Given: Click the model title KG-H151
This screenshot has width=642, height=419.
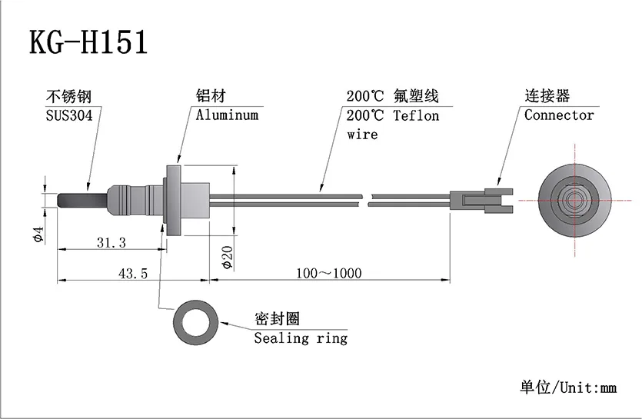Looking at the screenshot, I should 88,42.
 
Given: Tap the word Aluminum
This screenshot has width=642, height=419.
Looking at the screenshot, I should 227,115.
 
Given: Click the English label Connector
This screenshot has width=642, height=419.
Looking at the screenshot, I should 559,115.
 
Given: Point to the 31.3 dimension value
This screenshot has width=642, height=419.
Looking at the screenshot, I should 111,242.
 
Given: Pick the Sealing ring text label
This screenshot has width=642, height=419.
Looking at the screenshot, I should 301,338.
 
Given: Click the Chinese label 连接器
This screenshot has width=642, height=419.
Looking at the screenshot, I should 547,97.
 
